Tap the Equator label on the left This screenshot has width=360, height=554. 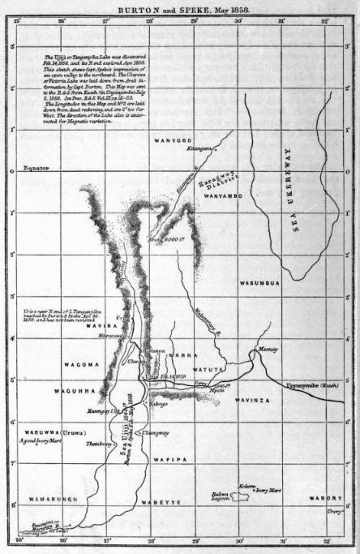pos(36,170)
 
